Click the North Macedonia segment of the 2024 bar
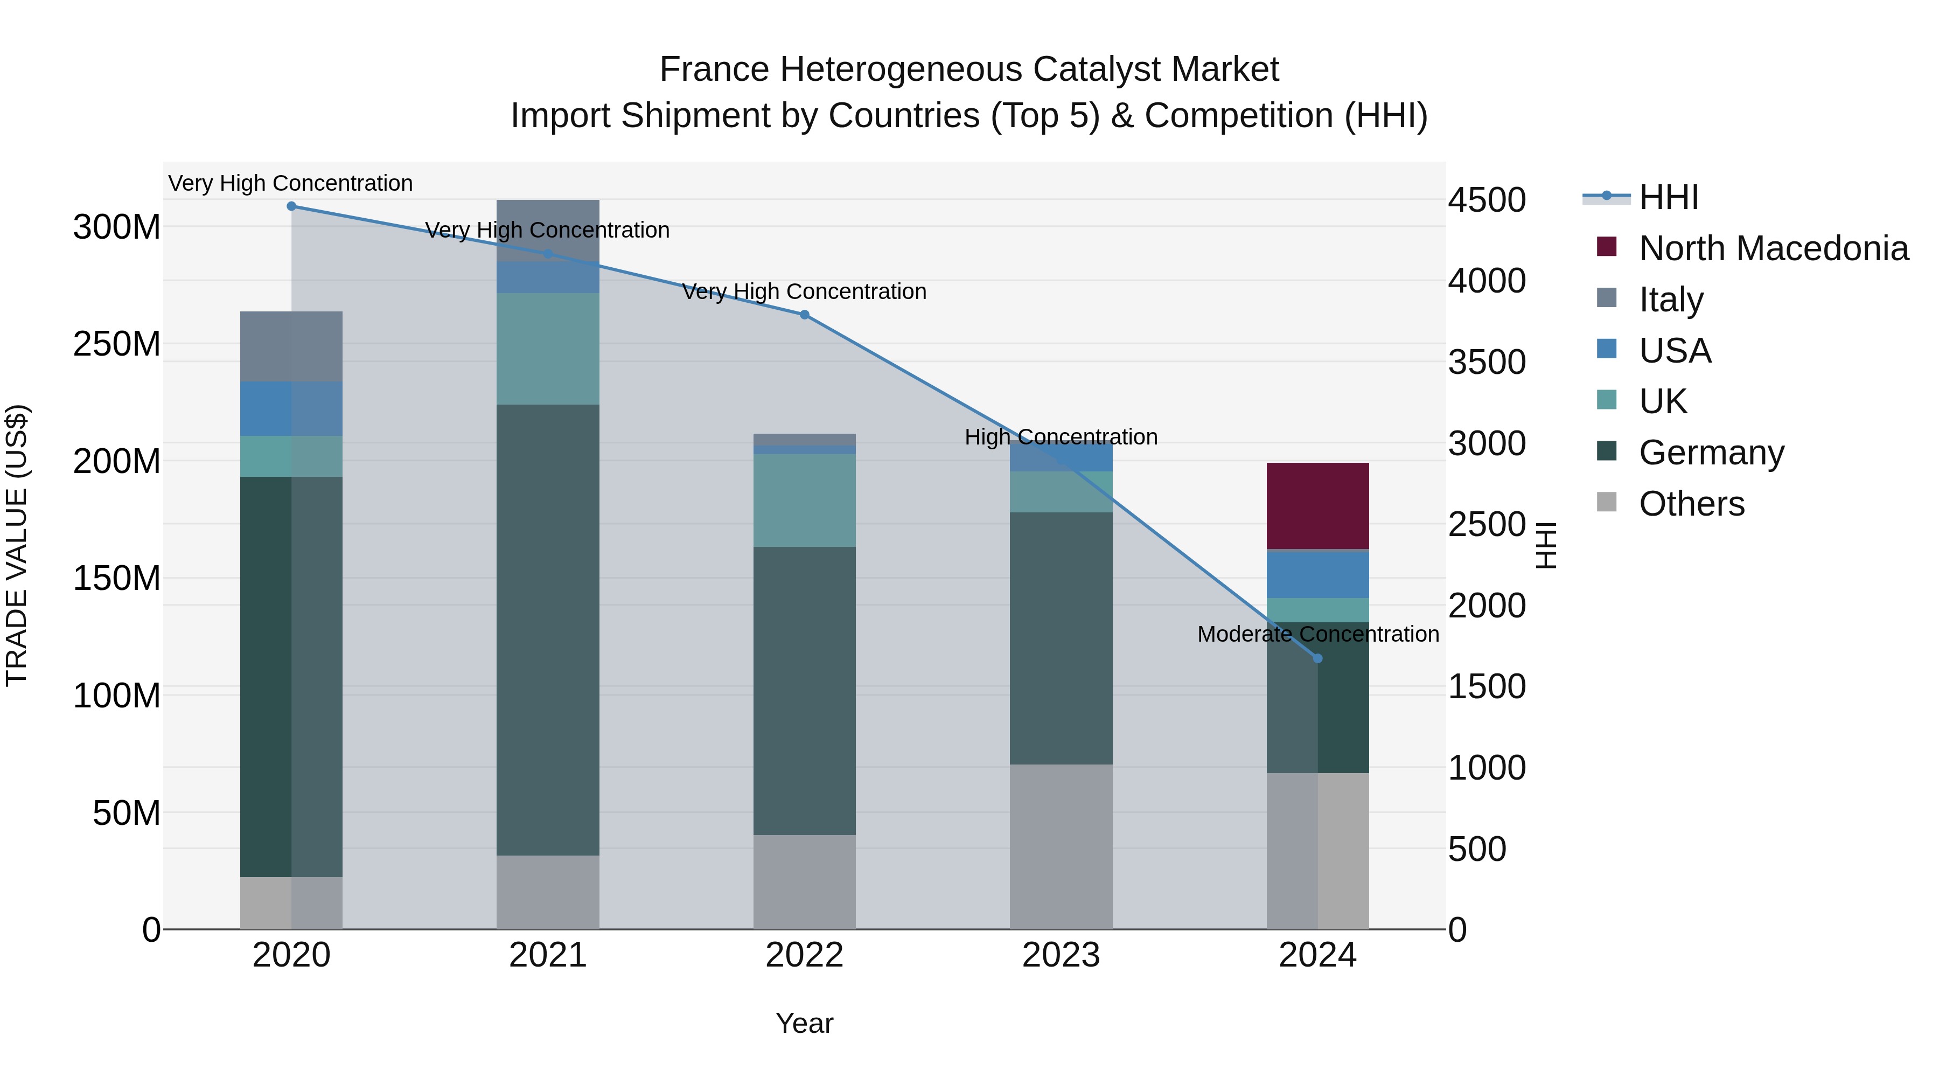point(1317,505)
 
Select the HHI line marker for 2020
point(291,206)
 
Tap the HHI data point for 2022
point(805,315)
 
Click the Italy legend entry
point(1670,300)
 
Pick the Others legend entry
point(1691,504)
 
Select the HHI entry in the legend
point(1668,197)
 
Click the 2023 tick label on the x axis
point(1061,955)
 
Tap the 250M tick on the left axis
point(117,344)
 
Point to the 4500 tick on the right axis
point(1487,200)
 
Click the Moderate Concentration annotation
point(1317,635)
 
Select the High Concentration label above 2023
point(1061,437)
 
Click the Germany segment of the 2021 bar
point(548,629)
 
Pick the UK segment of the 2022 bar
point(805,500)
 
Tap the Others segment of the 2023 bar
point(1061,846)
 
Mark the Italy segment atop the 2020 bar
point(291,346)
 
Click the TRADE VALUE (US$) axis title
point(17,545)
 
